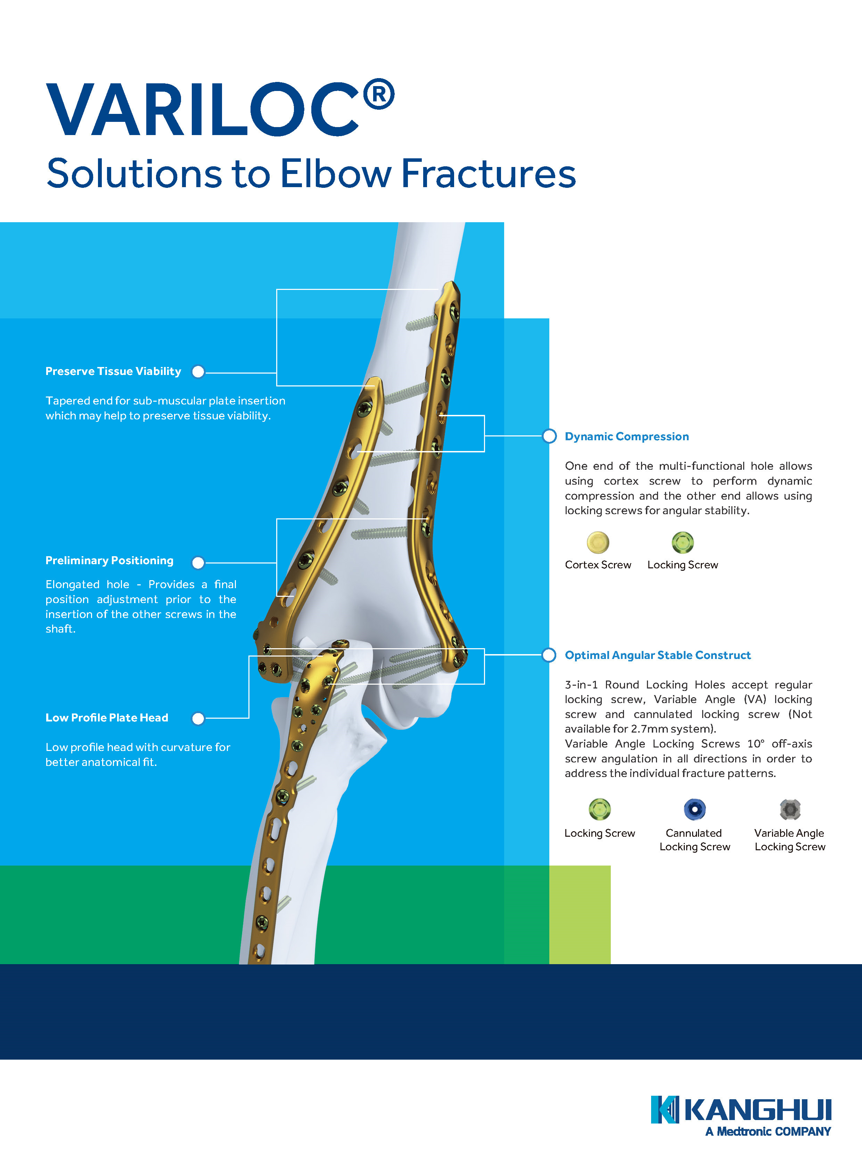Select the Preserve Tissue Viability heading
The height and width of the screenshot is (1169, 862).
click(113, 371)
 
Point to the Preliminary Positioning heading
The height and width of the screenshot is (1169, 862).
click(109, 560)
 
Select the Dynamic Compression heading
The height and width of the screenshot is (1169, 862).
click(627, 436)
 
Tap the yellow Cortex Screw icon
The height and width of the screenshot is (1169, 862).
click(598, 542)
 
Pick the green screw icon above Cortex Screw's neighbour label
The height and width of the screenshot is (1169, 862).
click(682, 542)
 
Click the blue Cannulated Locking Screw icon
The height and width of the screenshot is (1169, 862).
click(695, 809)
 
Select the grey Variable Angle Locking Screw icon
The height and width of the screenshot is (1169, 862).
click(790, 809)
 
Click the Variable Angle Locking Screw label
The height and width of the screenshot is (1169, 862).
click(790, 840)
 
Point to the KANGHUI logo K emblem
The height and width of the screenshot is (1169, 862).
click(665, 1110)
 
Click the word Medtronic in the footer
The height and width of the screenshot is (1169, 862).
click(744, 1131)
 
